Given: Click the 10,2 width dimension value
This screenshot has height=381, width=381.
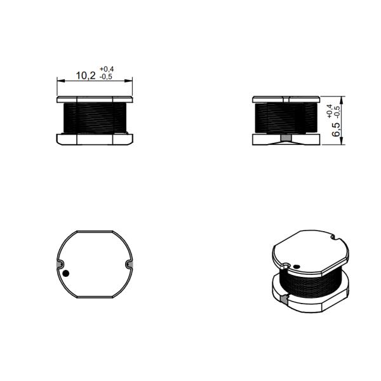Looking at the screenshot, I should pos(86,76).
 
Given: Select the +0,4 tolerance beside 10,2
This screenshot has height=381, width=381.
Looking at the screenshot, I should pos(106,69).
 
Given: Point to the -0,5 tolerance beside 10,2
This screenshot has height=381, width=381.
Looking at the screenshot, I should pos(106,77).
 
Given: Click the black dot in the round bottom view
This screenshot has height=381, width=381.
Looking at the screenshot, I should pos(65,274).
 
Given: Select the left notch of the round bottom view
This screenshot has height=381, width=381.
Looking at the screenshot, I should pos(60,264).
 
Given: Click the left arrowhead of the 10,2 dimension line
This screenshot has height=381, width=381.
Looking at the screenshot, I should pos(60,81).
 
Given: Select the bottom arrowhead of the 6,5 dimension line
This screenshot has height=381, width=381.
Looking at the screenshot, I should pos(344,142).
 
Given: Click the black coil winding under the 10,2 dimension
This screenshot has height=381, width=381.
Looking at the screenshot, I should pos(95,118).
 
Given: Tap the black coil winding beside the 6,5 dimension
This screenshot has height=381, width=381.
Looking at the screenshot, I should pos(285,118).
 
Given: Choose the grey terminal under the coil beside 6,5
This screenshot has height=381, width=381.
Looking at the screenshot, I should pos(285,137).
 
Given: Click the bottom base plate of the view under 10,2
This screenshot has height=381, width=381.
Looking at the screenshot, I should pos(95,138).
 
